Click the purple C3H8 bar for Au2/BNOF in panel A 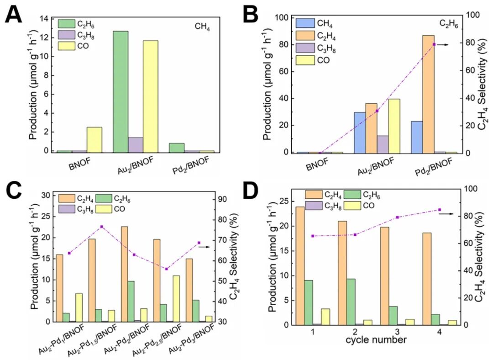[x=136, y=144]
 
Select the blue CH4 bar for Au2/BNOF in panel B [x=360, y=132]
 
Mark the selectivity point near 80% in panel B [x=434, y=44]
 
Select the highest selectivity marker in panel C [x=102, y=227]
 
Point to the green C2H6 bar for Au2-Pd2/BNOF [x=131, y=301]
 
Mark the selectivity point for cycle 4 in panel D [x=440, y=210]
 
